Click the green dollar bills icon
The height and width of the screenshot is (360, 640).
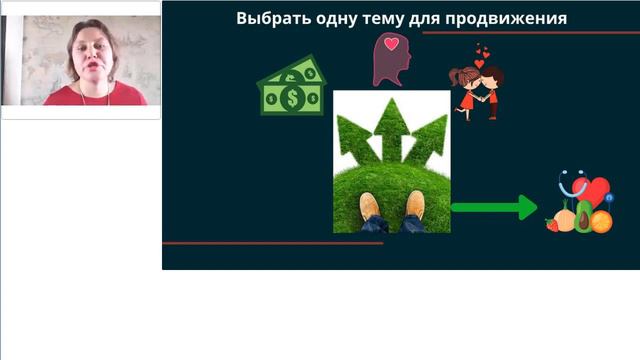292,86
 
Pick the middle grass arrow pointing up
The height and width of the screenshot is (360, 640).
391,125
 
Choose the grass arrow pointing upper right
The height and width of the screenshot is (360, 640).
429,136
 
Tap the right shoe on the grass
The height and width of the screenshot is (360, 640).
414,206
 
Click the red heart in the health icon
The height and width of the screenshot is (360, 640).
597,191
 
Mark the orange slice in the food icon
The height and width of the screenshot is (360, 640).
601,222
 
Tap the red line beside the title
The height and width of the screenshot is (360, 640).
529,33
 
